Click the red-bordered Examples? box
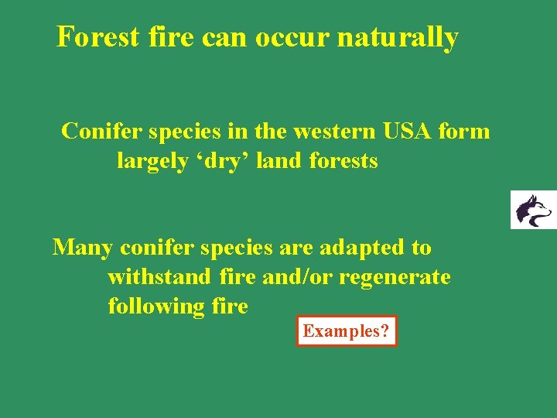coord(347,331)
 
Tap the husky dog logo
coord(534,210)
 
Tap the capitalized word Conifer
coord(100,132)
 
